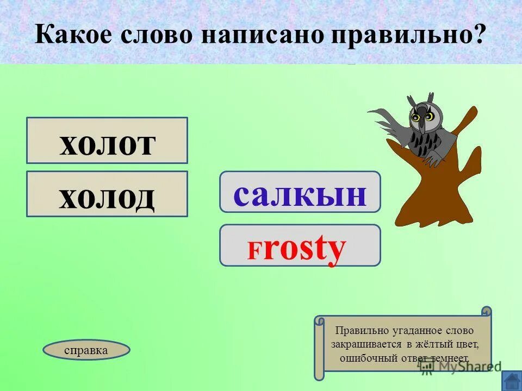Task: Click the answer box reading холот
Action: tap(107, 141)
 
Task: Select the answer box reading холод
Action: tap(107, 194)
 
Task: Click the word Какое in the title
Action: tap(74, 35)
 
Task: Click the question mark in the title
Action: tap(478, 35)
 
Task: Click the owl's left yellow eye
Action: tap(416, 117)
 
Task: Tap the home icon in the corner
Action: tap(511, 380)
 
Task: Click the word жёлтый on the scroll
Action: tap(431, 344)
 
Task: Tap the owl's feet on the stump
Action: tap(432, 160)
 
